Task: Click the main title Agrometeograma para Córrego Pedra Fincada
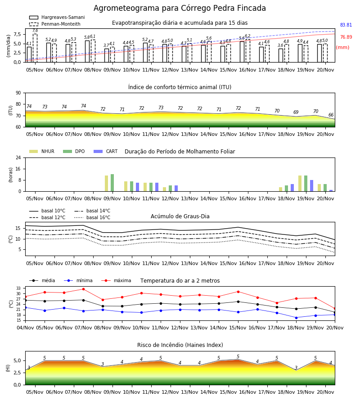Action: point(180,8)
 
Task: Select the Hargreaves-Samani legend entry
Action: point(57,17)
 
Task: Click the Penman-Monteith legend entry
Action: point(55,24)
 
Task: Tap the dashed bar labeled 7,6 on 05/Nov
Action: point(35,48)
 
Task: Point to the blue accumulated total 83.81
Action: point(346,25)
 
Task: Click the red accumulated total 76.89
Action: point(346,37)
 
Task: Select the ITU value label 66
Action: point(331,115)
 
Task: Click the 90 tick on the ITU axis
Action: point(18,93)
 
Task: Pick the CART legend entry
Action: point(106,151)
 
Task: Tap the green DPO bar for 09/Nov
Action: point(112,183)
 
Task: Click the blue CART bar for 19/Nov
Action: point(312,186)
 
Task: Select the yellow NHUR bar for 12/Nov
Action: point(165,189)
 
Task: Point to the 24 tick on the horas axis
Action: point(18,157)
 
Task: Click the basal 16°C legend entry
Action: point(92,217)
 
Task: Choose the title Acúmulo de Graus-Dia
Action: point(180,216)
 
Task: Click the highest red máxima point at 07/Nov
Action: point(83,289)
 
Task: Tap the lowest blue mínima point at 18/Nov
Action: point(296,318)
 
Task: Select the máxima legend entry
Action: point(116,280)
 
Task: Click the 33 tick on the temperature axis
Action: point(18,288)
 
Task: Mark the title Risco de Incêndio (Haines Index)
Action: point(180,345)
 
